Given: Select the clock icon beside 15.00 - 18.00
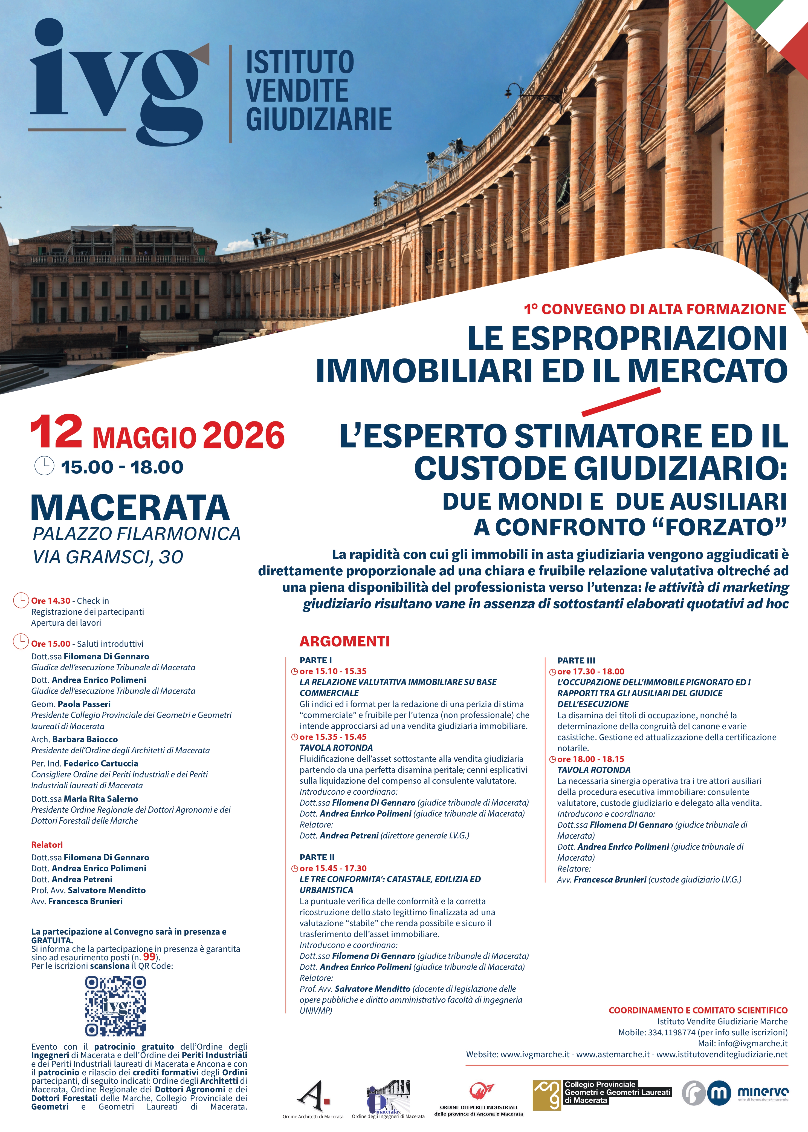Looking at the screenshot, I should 44,466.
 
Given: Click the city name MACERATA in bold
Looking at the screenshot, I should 130,508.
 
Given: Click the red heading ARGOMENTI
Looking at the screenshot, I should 344,641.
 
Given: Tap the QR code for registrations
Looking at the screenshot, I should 115,1005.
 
